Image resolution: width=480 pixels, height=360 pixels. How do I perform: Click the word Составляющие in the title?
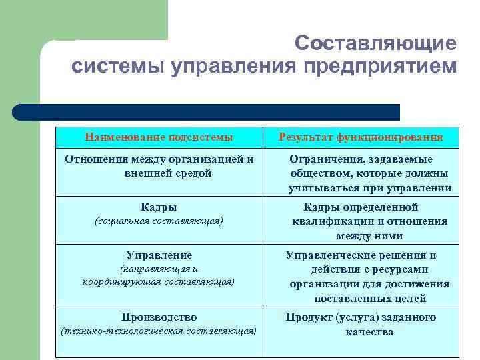pyautogui.click(x=377, y=43)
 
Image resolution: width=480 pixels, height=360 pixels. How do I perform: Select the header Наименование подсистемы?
pyautogui.click(x=159, y=137)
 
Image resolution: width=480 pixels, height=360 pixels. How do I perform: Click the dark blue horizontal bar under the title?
pyautogui.click(x=207, y=111)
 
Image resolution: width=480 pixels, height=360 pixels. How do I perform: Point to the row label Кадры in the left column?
pyautogui.click(x=159, y=207)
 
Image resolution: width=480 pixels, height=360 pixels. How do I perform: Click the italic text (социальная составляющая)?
pyautogui.click(x=159, y=221)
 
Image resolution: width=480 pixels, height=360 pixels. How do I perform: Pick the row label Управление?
pyautogui.click(x=159, y=255)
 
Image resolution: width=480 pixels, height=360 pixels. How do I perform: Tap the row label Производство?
pyautogui.click(x=159, y=317)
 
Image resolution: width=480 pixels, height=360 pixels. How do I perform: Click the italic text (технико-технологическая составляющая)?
pyautogui.click(x=159, y=331)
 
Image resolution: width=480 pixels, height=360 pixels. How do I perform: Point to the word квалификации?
pyautogui.click(x=333, y=221)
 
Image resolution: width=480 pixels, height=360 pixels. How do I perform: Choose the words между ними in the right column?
pyautogui.click(x=369, y=236)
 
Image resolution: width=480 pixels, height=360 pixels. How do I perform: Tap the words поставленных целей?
pyautogui.click(x=370, y=299)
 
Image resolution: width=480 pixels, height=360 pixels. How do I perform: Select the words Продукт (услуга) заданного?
pyautogui.click(x=361, y=317)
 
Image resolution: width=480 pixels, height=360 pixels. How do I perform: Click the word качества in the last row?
pyautogui.click(x=369, y=331)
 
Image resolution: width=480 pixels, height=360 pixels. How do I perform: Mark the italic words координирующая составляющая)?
pyautogui.click(x=159, y=282)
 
